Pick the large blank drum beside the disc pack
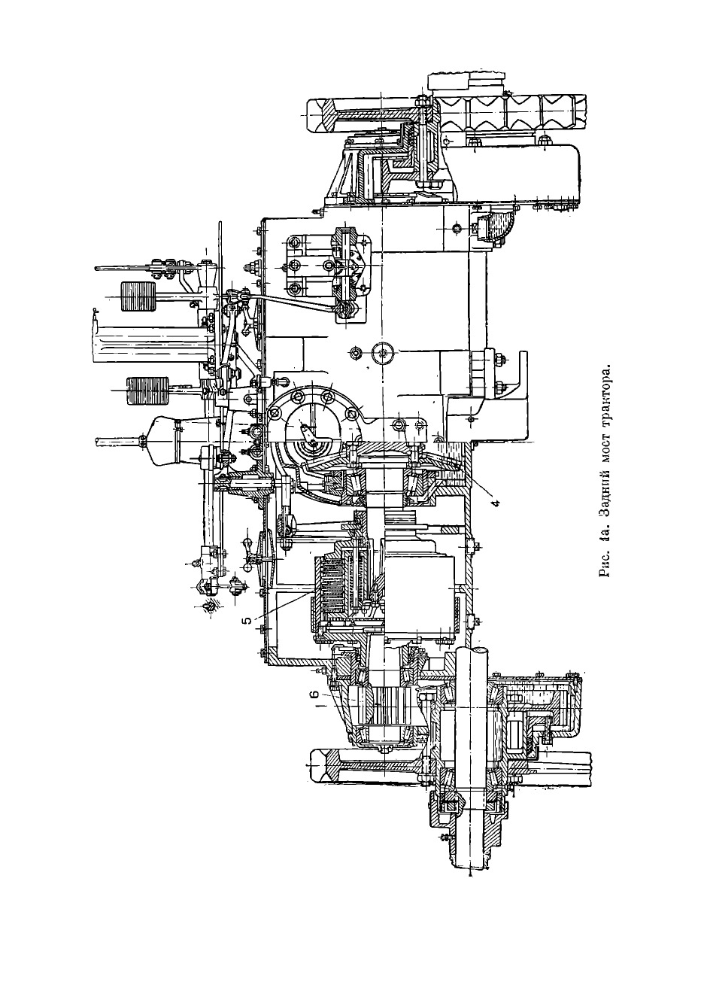421,587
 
